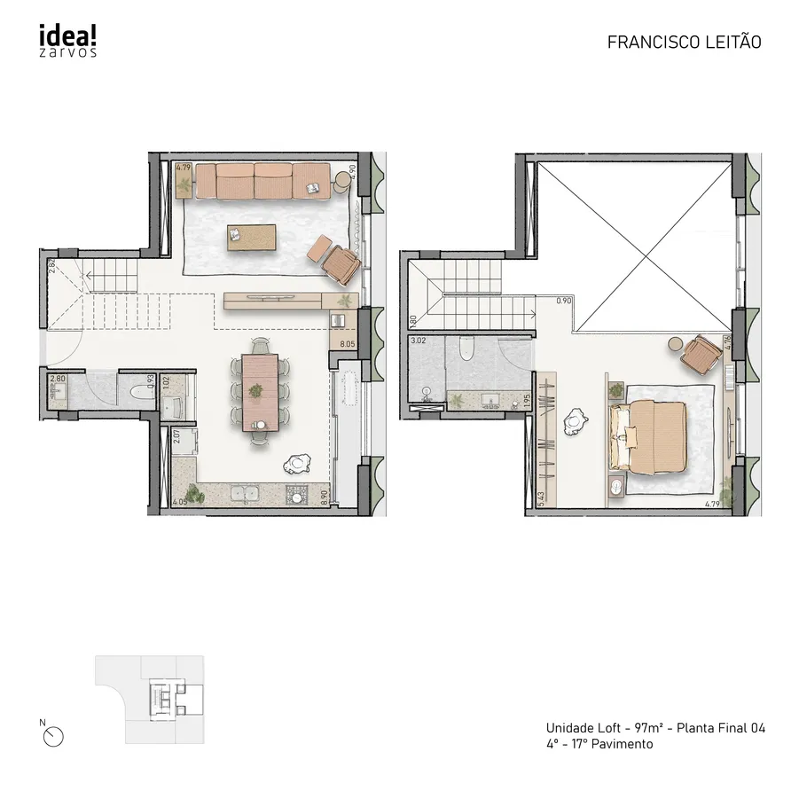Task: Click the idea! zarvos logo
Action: pyautogui.click(x=67, y=41)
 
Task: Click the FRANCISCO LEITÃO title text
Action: pyautogui.click(x=684, y=42)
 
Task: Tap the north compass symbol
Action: pyautogui.click(x=55, y=735)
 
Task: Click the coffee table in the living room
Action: pyautogui.click(x=252, y=237)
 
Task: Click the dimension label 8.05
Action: pyautogui.click(x=346, y=342)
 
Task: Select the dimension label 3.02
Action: pyautogui.click(x=419, y=340)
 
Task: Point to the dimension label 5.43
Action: pyautogui.click(x=540, y=499)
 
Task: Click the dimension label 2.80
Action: pyautogui.click(x=59, y=379)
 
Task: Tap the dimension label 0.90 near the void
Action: pyautogui.click(x=564, y=302)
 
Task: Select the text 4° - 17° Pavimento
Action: pyautogui.click(x=599, y=744)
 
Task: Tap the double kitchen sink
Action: pyautogui.click(x=243, y=493)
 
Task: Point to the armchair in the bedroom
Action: pyautogui.click(x=706, y=355)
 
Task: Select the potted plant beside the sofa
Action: pyautogui.click(x=184, y=184)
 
